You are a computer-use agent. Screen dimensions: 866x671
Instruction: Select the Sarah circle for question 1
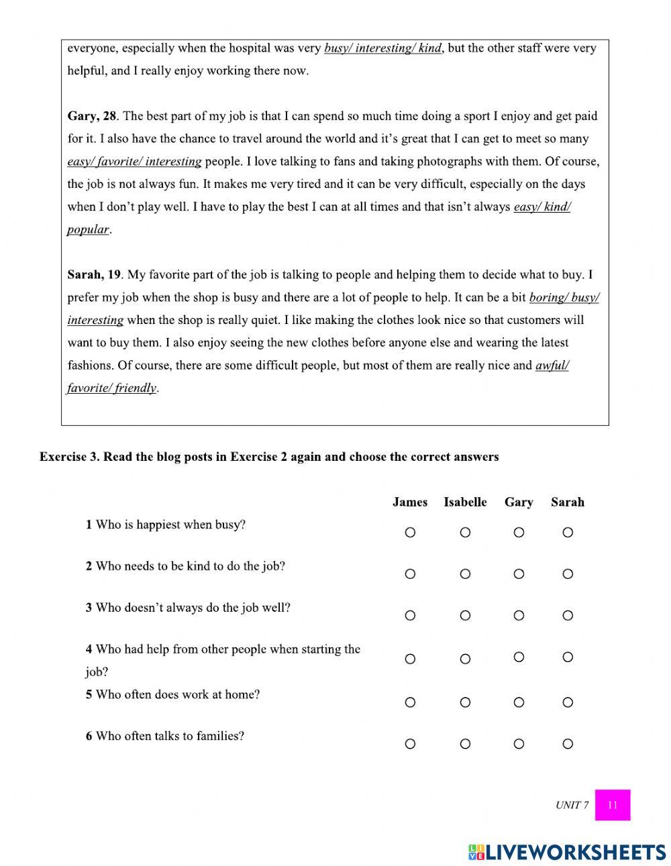pyautogui.click(x=568, y=533)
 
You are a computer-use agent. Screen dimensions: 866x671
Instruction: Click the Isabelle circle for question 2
pyautogui.click(x=465, y=574)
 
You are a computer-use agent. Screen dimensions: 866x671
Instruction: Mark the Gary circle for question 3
pyautogui.click(x=519, y=616)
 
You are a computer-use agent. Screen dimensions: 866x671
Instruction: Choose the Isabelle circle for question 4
pyautogui.click(x=465, y=659)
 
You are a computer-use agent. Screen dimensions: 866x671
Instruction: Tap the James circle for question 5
pyautogui.click(x=410, y=702)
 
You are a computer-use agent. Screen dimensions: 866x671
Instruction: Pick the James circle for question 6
pyautogui.click(x=410, y=744)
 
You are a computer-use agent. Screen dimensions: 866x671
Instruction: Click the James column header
pyautogui.click(x=410, y=502)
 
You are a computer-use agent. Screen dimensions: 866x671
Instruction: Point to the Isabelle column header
pyautogui.click(x=465, y=502)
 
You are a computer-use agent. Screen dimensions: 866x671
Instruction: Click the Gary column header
pyautogui.click(x=519, y=502)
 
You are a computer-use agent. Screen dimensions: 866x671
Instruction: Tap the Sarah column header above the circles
pyautogui.click(x=568, y=502)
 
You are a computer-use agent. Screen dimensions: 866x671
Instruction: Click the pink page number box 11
pyautogui.click(x=612, y=805)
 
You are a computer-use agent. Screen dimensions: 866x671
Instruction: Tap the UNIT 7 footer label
pyautogui.click(x=572, y=805)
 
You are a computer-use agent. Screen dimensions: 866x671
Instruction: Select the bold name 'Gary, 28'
pyautogui.click(x=92, y=116)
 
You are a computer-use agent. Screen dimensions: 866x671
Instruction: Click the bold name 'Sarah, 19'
pyautogui.click(x=94, y=274)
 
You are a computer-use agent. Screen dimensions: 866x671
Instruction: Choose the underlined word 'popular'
pyautogui.click(x=88, y=229)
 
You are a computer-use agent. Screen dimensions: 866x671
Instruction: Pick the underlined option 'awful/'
pyautogui.click(x=552, y=366)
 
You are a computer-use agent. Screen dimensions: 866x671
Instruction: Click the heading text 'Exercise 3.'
pyautogui.click(x=69, y=457)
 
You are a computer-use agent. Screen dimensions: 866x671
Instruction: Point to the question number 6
pyautogui.click(x=89, y=736)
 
